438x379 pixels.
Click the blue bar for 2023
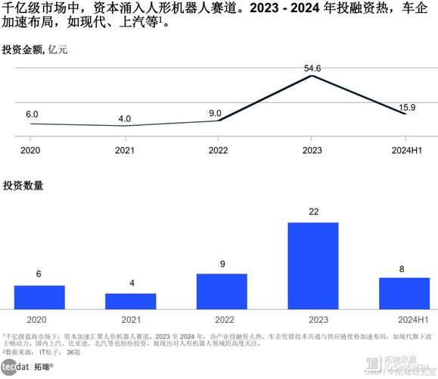(313, 265)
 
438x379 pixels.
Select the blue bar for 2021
(130, 301)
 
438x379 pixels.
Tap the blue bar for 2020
(39, 297)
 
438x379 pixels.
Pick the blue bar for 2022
(222, 291)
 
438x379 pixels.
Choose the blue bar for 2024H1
(404, 293)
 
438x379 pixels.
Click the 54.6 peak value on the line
(312, 68)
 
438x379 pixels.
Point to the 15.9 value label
(406, 107)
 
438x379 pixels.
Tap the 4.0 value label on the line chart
(124, 118)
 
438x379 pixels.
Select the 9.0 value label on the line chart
(215, 114)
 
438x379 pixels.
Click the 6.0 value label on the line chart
(32, 114)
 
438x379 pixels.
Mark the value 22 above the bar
(313, 212)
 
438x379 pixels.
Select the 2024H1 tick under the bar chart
(404, 319)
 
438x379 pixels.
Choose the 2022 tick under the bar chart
(222, 319)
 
